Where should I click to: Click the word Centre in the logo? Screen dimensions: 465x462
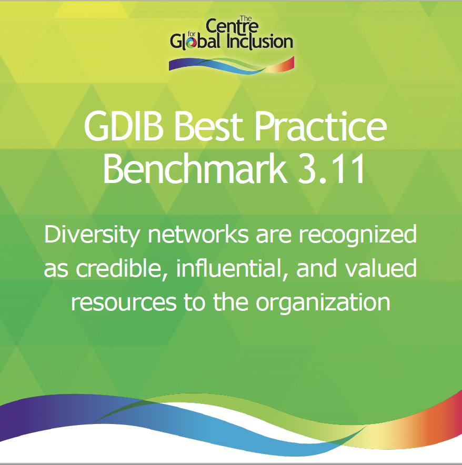[x=226, y=26]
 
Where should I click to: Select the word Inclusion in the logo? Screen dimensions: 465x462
[x=259, y=42]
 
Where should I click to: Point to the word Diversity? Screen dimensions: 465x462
[x=93, y=235]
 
